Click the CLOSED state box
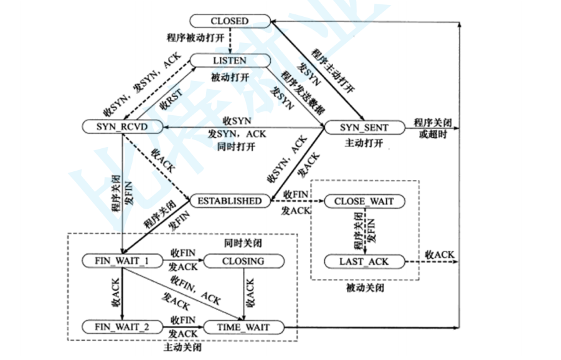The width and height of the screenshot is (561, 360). coord(229,21)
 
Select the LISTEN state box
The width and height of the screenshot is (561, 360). coord(229,60)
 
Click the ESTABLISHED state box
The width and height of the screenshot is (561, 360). coord(229,201)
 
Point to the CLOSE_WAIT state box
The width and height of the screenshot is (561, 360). coord(364,201)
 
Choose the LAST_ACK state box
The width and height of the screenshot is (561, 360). coord(364,261)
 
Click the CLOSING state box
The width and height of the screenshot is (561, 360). coord(243,261)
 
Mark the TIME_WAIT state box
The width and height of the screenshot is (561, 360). coord(242,326)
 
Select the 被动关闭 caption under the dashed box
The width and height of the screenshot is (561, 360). coord(364,289)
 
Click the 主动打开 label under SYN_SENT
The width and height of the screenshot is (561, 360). coord(364,143)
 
